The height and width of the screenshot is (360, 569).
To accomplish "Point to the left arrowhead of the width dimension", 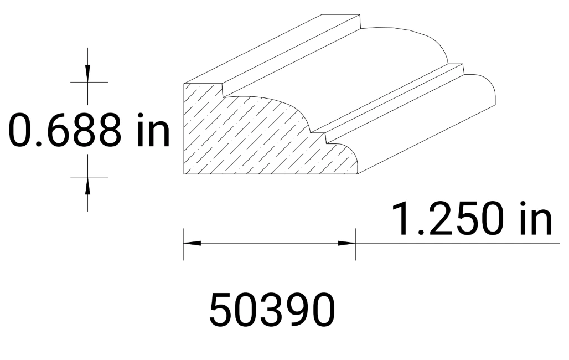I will [x=191, y=243].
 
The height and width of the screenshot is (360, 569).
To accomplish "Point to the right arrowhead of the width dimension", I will [x=347, y=243].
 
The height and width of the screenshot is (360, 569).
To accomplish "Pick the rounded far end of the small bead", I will [x=487, y=89].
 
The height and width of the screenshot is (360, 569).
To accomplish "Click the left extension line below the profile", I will [x=184, y=244].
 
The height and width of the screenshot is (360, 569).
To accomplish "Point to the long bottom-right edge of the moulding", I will [x=426, y=138].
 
